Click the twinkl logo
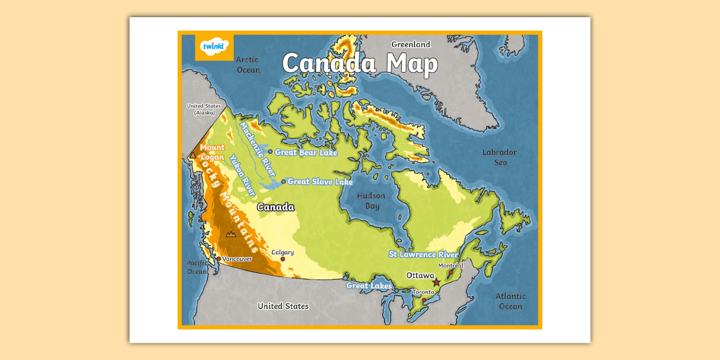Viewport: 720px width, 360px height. click(214, 46)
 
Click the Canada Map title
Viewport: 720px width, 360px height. click(359, 63)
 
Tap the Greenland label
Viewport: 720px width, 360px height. click(410, 45)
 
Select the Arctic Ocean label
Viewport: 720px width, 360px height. click(247, 65)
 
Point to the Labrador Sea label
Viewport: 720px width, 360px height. click(499, 157)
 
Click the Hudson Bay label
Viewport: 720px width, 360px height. click(371, 201)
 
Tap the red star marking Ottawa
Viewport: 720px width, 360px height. click(437, 282)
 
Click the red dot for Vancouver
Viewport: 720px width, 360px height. click(218, 259)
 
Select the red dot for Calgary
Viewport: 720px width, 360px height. click(282, 259)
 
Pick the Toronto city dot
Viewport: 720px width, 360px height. click(424, 300)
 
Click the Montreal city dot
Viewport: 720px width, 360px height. click(450, 273)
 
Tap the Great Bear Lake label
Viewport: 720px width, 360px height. click(306, 153)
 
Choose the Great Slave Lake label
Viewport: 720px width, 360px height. click(320, 182)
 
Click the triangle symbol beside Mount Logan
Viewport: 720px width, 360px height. click(193, 155)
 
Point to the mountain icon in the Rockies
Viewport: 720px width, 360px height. click(231, 234)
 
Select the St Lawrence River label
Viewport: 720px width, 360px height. click(423, 254)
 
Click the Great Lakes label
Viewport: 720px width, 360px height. click(369, 286)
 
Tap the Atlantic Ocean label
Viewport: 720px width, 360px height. click(510, 301)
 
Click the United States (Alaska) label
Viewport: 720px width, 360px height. click(203, 109)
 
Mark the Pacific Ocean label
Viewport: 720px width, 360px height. click(197, 267)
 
